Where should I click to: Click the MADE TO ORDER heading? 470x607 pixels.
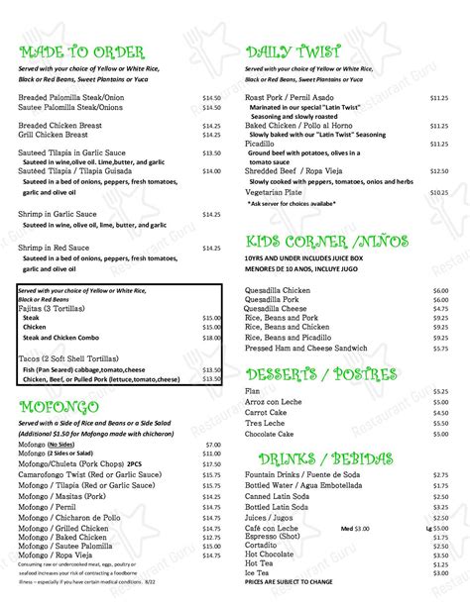coord(81,51)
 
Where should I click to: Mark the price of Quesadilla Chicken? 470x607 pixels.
coord(440,289)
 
